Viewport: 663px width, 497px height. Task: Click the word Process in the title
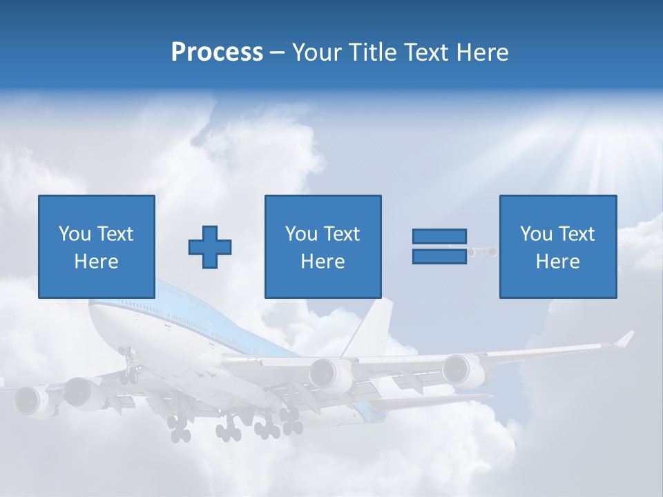point(217,52)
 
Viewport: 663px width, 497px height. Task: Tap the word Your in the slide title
point(316,52)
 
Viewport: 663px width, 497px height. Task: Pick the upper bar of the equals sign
point(439,237)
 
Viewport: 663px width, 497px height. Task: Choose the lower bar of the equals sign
point(439,257)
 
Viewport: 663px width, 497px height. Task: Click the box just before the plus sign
point(96,246)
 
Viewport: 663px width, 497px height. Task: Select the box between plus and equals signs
point(323,246)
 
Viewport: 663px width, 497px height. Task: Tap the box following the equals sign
point(557,246)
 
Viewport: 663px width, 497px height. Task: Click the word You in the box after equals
point(535,234)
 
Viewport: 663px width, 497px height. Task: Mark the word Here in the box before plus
point(96,262)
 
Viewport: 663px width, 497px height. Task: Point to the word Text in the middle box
point(343,234)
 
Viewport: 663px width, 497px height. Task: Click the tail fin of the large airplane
point(373,324)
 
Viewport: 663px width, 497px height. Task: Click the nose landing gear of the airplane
point(128,366)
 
